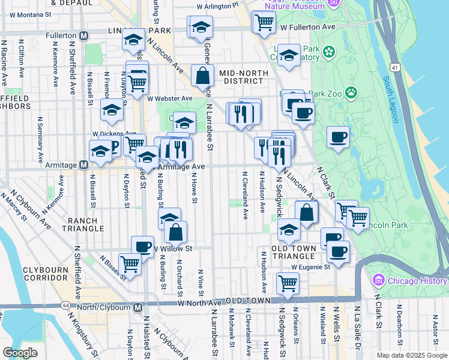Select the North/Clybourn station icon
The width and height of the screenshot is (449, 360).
click(138, 307)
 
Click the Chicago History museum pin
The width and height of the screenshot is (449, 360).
click(378, 280)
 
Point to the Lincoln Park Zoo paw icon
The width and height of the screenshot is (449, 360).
click(351, 93)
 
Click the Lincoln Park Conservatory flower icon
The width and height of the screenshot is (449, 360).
click(329, 53)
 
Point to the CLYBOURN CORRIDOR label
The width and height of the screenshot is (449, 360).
click(46, 274)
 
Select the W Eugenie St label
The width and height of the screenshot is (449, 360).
click(311, 266)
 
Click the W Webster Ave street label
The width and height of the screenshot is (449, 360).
click(171, 98)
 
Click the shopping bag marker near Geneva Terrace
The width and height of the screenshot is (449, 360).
click(203, 76)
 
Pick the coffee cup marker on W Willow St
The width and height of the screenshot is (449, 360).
click(142, 247)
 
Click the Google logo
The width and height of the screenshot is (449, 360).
click(20, 353)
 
